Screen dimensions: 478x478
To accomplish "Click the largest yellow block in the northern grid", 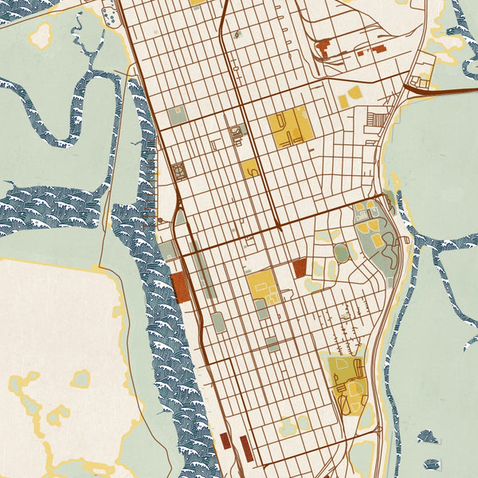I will pos(288,127).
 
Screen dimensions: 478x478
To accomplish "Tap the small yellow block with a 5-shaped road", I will pos(249,168).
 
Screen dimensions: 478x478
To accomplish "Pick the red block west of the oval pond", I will pos(300,268).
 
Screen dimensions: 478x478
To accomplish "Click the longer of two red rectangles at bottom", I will pos(245,449).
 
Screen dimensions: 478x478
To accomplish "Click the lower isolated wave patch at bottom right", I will pos(432,464).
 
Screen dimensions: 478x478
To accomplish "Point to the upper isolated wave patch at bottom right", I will pos(428,437).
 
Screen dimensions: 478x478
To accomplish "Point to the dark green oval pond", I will pos(341,253).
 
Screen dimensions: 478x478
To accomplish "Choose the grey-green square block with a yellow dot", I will pos(177,114).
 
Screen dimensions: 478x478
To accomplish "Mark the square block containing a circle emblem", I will pos(179,169).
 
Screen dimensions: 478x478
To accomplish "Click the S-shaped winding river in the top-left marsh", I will pos(64,112).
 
